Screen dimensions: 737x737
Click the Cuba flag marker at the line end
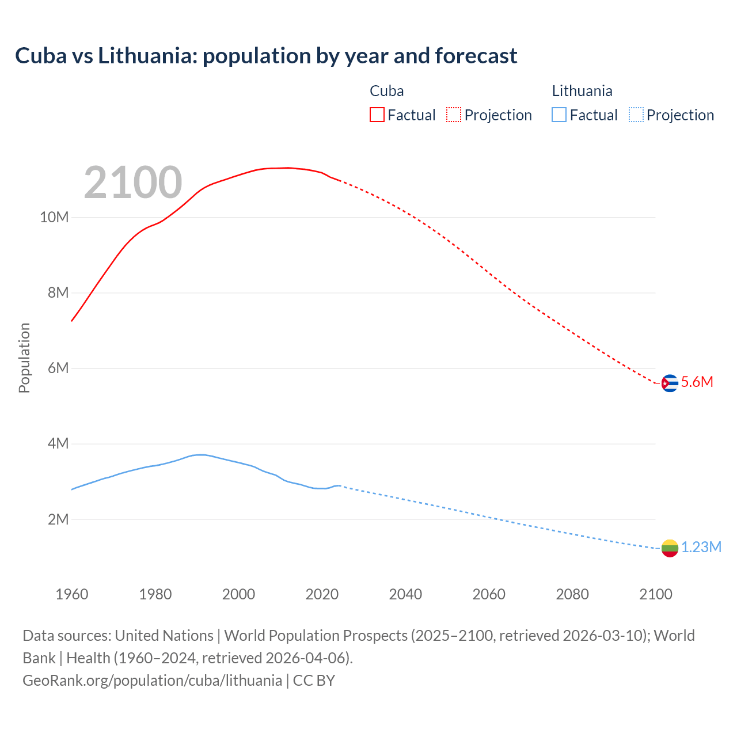[x=670, y=383]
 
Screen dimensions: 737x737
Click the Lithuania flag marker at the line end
[x=670, y=548]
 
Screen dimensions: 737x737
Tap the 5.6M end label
[x=697, y=382]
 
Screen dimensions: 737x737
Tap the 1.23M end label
[x=701, y=548]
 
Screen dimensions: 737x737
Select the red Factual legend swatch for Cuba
[x=377, y=115]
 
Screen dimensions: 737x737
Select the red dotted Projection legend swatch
[x=454, y=115]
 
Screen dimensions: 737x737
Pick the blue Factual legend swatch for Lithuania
[x=559, y=115]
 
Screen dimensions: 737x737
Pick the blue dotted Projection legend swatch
[x=636, y=115]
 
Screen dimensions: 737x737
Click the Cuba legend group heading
[x=386, y=91]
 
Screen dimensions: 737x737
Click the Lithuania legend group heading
[x=582, y=91]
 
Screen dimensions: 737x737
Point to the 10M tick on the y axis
[x=54, y=218]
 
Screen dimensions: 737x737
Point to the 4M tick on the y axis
[x=58, y=444]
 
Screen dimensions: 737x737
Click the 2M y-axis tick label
[x=58, y=520]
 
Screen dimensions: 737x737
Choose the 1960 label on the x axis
[x=72, y=594]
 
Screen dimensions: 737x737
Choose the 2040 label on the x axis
[x=405, y=594]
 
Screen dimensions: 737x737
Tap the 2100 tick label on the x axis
[x=656, y=594]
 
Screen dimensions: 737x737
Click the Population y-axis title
[x=24, y=358]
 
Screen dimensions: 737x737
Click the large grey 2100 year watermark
[x=133, y=183]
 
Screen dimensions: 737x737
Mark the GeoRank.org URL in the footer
[x=152, y=681]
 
